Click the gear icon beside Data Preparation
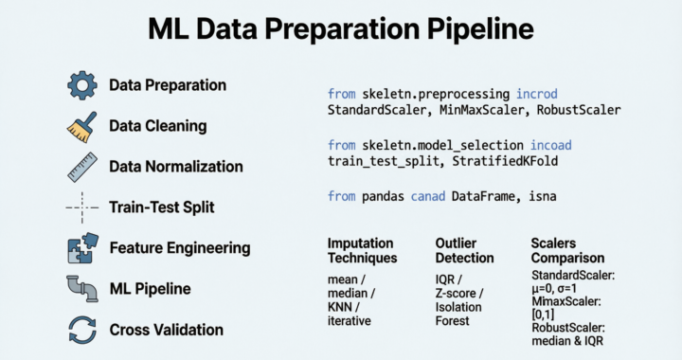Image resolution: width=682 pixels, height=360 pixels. click(x=81, y=85)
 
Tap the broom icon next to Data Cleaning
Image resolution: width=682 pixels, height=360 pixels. click(x=81, y=126)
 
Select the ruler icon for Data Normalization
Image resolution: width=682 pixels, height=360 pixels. click(x=81, y=167)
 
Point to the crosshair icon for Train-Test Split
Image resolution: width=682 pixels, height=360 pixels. click(x=81, y=207)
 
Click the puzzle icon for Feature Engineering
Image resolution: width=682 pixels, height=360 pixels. click(x=81, y=247)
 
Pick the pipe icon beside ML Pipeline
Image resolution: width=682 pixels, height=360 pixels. click(x=81, y=288)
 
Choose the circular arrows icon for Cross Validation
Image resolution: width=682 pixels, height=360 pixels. click(x=81, y=329)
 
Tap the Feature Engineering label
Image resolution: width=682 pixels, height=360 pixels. click(x=179, y=248)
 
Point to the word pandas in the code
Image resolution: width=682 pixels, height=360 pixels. click(x=386, y=196)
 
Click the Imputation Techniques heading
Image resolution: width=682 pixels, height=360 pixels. click(x=362, y=250)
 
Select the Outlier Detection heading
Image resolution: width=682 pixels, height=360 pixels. click(x=464, y=250)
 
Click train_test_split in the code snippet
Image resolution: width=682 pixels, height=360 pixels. click(x=378, y=161)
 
